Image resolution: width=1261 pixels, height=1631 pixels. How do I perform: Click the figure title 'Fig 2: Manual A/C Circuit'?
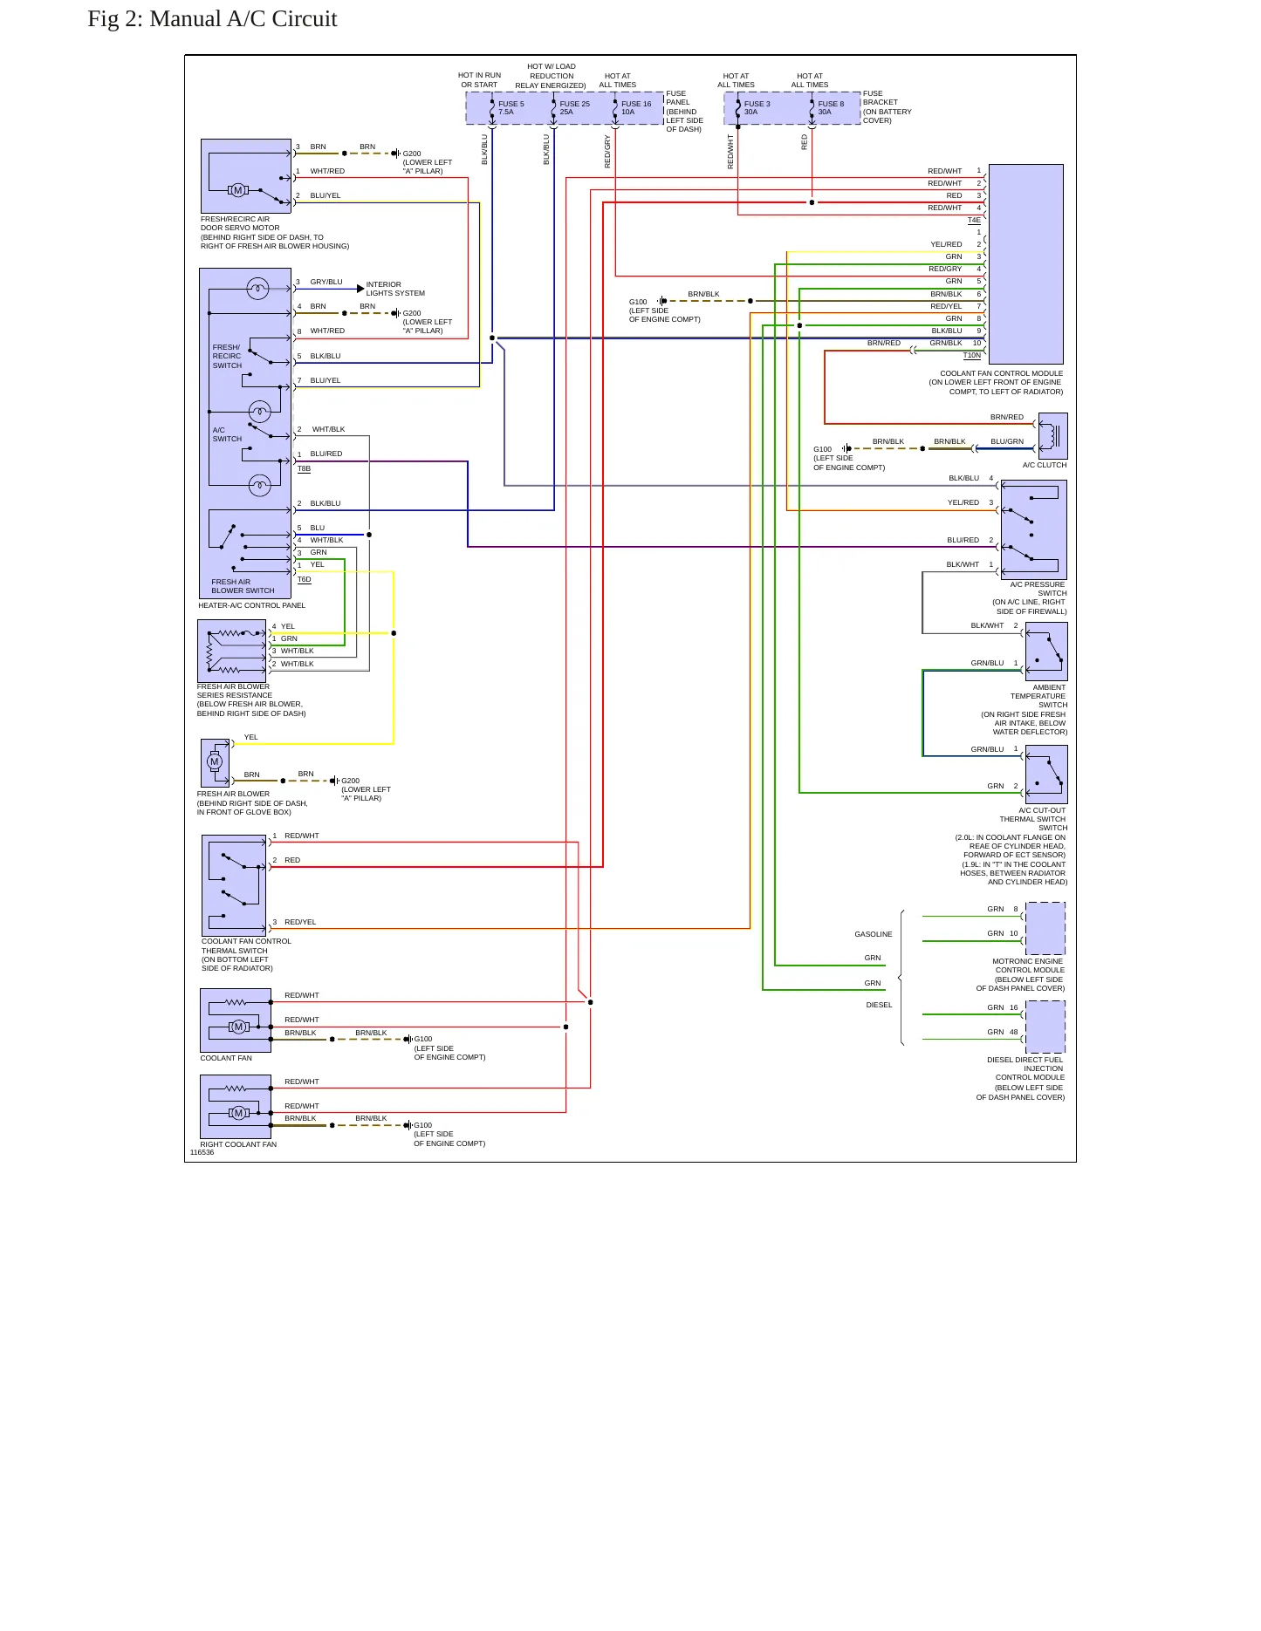click(212, 19)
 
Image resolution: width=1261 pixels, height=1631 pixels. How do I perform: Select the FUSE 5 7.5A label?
click(511, 108)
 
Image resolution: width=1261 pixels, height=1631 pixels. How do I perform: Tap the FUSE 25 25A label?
click(574, 108)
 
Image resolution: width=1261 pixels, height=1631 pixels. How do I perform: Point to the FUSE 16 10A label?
click(636, 108)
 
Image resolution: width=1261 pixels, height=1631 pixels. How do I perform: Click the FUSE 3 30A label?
click(757, 108)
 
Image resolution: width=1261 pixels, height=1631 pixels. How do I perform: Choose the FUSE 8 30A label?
click(831, 108)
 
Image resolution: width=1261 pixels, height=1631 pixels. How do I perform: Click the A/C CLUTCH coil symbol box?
click(1052, 436)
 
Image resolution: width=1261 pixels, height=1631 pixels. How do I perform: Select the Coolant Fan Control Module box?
click(1025, 264)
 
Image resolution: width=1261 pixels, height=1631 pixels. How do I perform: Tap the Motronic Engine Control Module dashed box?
click(1045, 928)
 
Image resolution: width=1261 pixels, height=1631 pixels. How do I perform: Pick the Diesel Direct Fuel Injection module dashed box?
click(1045, 1027)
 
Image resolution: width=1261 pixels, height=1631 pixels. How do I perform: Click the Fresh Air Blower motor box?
click(216, 763)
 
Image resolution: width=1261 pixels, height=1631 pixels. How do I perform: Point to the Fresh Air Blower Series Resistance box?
click(232, 651)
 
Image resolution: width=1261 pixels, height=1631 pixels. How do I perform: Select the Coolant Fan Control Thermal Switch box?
click(234, 885)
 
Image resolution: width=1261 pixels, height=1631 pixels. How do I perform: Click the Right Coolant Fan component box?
click(236, 1106)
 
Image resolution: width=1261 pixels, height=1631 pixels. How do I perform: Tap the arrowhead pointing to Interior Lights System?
click(360, 289)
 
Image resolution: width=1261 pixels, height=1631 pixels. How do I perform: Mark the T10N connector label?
click(972, 356)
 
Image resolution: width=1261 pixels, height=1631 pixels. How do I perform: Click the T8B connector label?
click(304, 469)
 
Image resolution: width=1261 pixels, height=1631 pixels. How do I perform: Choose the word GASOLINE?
click(874, 934)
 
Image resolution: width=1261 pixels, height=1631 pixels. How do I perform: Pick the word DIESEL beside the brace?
click(879, 1005)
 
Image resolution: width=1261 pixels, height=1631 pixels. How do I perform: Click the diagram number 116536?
click(202, 1152)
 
